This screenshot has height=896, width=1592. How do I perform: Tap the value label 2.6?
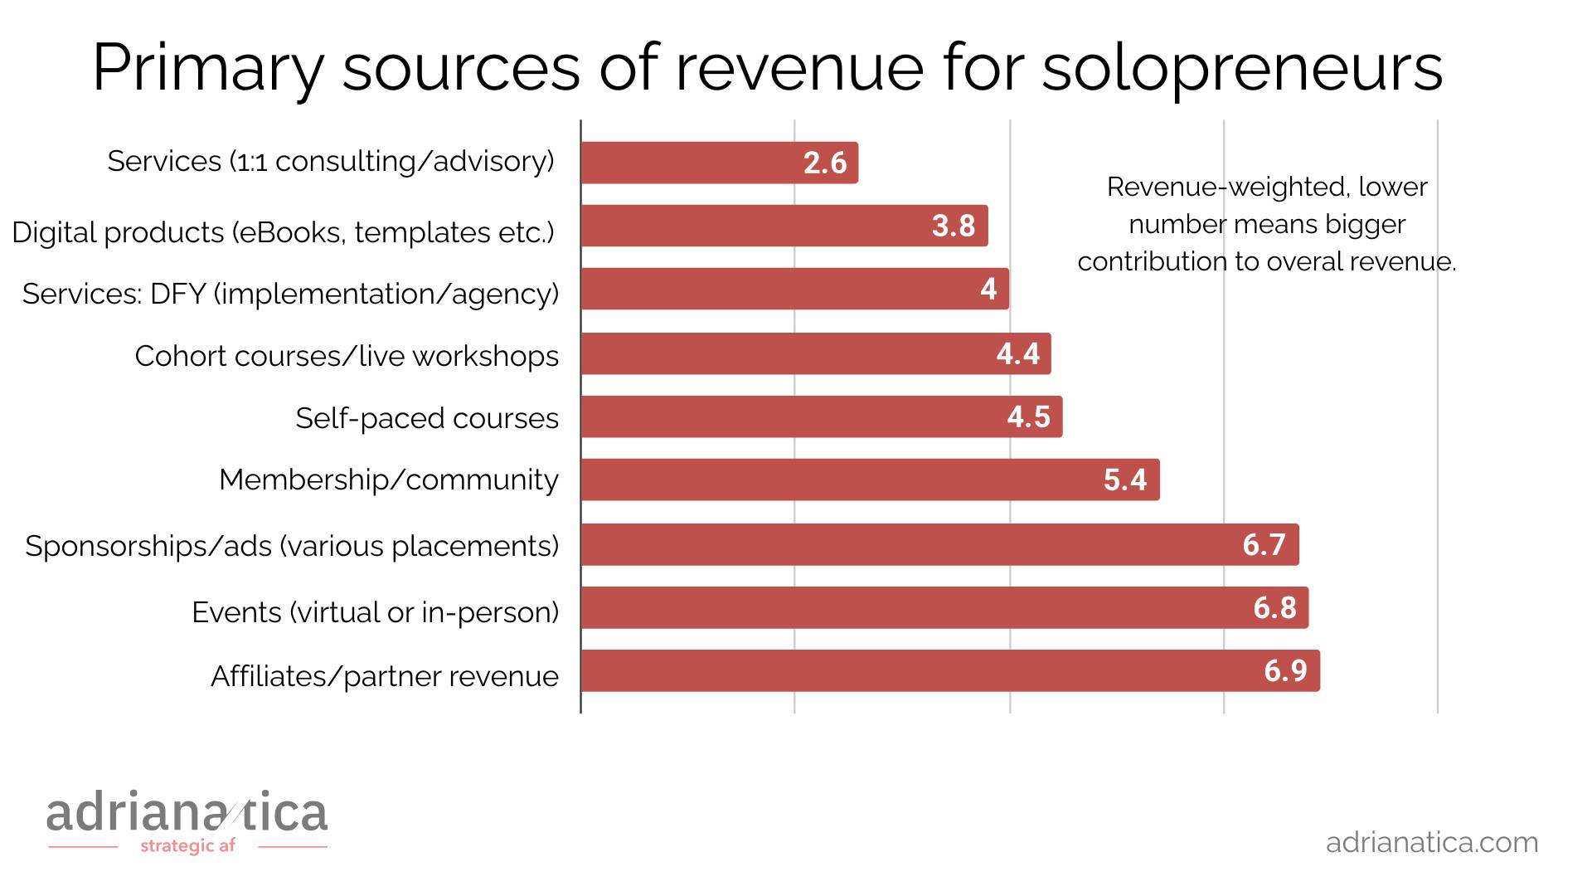click(x=825, y=163)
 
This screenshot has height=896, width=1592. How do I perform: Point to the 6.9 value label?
click(x=1285, y=670)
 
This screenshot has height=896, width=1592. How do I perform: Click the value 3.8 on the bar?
click(x=954, y=226)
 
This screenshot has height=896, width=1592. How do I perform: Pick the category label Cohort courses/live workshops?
click(x=347, y=356)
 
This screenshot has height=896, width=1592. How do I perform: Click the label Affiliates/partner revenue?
click(x=385, y=676)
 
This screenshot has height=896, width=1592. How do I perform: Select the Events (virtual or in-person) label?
click(x=375, y=612)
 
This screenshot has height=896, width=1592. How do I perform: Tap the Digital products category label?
click(x=283, y=232)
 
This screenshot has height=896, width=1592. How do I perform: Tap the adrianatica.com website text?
click(x=1432, y=842)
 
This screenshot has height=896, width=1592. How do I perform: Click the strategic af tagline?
click(x=187, y=846)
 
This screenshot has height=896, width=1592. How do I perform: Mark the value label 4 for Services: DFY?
click(x=988, y=289)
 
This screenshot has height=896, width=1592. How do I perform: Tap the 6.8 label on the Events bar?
click(x=1274, y=607)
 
